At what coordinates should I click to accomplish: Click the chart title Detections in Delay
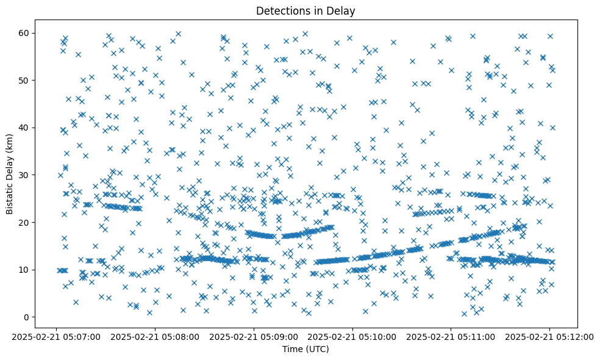pyautogui.click(x=305, y=10)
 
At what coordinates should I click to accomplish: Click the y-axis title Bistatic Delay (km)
pyautogui.click(x=10, y=165)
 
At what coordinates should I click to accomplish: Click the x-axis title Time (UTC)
pyautogui.click(x=305, y=349)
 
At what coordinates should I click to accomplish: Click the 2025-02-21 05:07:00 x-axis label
pyautogui.click(x=56, y=336)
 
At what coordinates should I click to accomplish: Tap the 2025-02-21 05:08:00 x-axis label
pyautogui.click(x=155, y=336)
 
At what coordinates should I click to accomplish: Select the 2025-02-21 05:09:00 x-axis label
pyautogui.click(x=254, y=336)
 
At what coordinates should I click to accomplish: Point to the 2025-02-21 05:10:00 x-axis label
pyautogui.click(x=352, y=336)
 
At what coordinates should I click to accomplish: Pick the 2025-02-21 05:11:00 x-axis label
pyautogui.click(x=451, y=336)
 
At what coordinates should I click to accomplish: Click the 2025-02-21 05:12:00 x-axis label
pyautogui.click(x=550, y=336)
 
